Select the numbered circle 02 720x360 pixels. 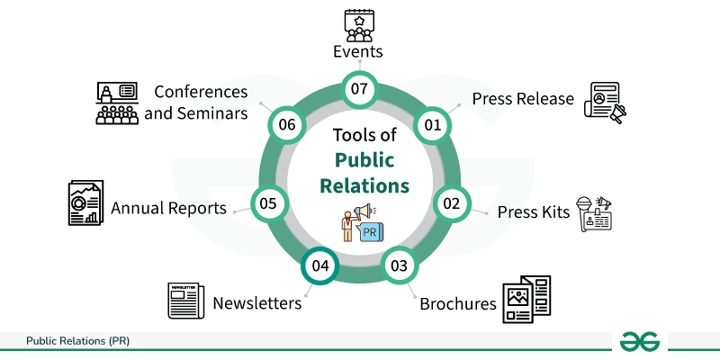[x=451, y=203]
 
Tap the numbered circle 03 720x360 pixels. [x=400, y=265]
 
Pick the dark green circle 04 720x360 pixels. [x=319, y=265]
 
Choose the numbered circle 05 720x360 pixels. [x=267, y=203]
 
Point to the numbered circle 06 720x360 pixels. [x=288, y=125]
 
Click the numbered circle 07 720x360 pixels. [x=360, y=89]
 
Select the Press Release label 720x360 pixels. [x=523, y=98]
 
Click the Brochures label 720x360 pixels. [x=458, y=303]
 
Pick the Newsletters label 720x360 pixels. [x=256, y=303]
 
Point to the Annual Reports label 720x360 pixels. [x=168, y=208]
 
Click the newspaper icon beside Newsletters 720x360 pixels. [x=186, y=301]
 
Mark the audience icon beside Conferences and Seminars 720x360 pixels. [x=116, y=104]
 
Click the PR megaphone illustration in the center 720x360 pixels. [x=360, y=223]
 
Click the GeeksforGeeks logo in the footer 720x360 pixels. [x=639, y=342]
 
